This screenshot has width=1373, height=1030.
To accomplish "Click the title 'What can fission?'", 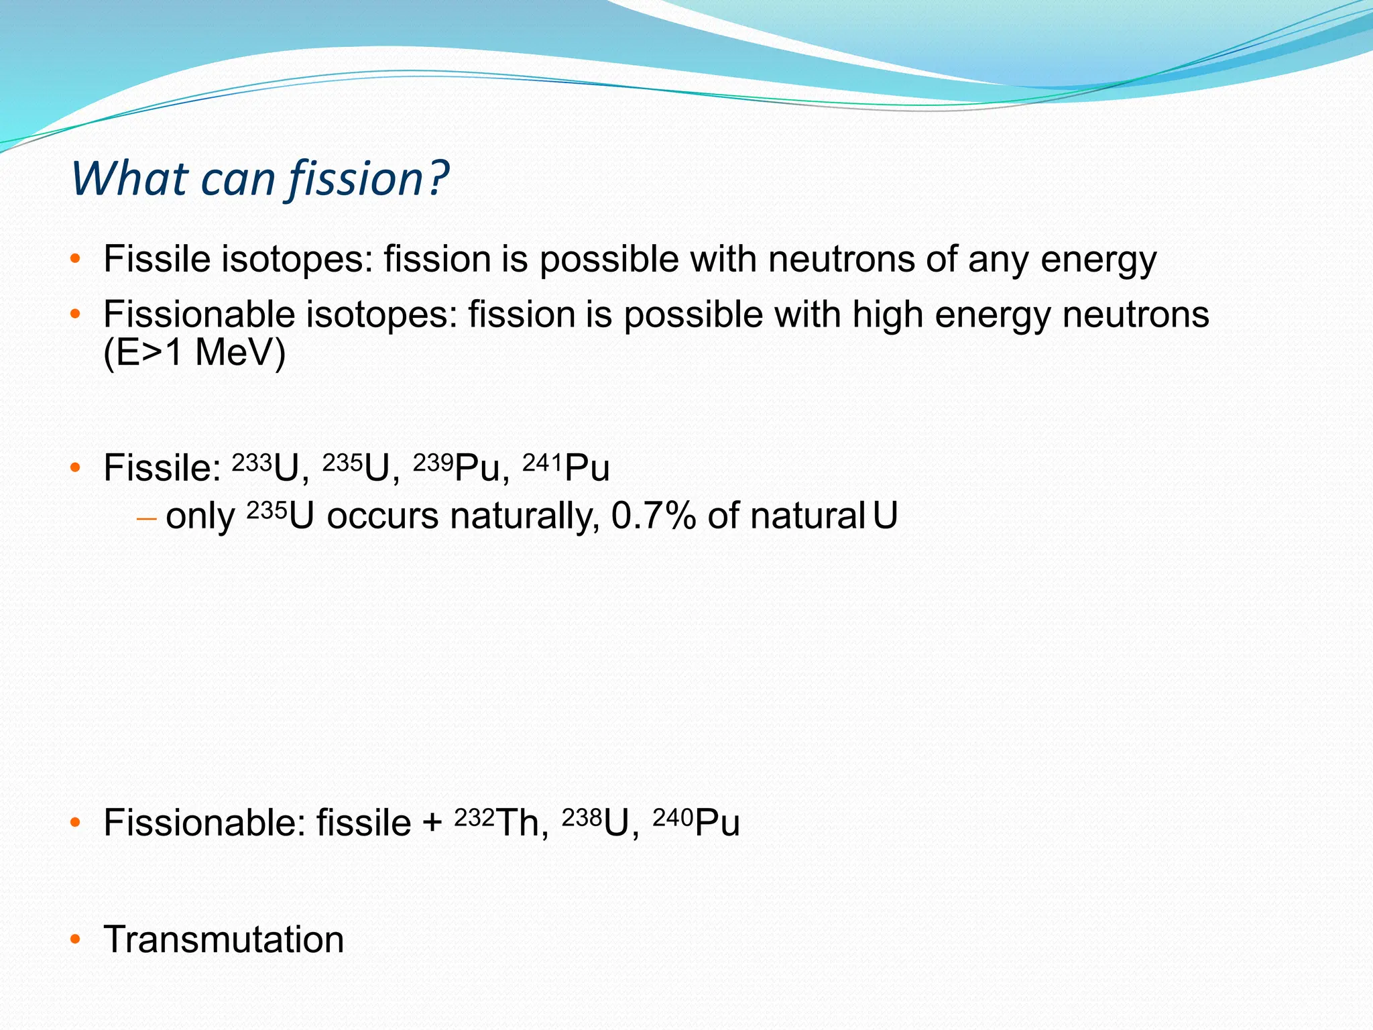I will (x=260, y=179).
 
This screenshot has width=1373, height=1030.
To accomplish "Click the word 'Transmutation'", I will (x=223, y=939).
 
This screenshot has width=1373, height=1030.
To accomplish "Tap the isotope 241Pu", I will (x=566, y=467).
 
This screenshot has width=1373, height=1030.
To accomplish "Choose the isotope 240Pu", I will (x=696, y=822).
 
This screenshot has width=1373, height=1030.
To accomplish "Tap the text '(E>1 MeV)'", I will (x=194, y=352).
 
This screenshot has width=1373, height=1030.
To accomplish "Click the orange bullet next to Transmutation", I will (x=75, y=939).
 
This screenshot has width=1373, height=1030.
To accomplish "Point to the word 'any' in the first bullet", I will (x=998, y=260).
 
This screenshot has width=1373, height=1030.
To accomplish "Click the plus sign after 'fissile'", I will (x=432, y=823).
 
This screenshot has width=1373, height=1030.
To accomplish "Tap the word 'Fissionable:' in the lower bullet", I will (x=204, y=823).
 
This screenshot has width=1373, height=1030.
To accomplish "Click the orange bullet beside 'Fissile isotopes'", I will (x=75, y=259).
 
